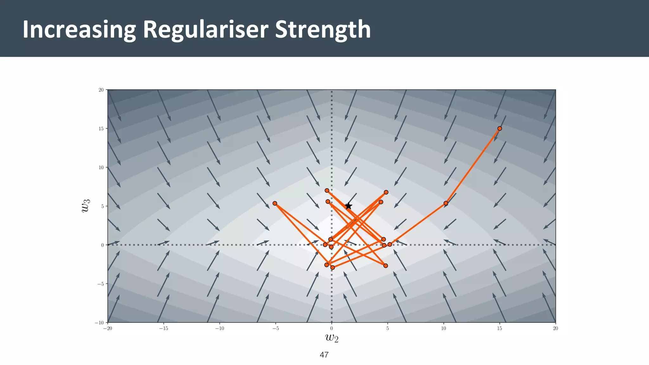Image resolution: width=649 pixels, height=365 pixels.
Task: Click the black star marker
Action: coord(348,206)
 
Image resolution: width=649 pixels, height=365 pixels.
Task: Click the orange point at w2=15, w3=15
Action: coord(499,128)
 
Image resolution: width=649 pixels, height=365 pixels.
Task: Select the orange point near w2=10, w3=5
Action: coord(446,203)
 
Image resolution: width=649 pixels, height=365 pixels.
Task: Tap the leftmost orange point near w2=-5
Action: coord(275,203)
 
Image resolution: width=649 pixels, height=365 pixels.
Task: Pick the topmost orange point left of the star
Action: coord(327,190)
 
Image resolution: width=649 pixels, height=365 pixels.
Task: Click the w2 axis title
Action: coord(332,338)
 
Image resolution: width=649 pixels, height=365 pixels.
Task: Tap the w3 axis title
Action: coord(86,206)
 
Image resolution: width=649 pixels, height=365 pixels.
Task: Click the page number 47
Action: coord(324,355)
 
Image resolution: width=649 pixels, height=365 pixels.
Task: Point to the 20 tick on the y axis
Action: coord(101,90)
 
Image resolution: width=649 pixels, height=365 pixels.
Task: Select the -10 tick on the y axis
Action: coord(100,323)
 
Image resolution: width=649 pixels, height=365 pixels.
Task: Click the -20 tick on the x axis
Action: coord(108,329)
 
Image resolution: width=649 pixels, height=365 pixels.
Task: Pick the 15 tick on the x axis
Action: coord(499,329)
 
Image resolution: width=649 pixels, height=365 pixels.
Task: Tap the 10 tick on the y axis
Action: coord(101,167)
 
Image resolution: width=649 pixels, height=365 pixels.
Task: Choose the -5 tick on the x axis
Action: coord(275,329)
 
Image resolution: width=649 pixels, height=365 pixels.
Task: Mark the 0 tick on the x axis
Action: coord(332,329)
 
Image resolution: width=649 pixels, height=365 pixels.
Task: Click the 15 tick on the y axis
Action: coord(101,129)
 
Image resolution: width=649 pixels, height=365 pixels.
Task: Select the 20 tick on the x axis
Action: coord(555,329)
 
